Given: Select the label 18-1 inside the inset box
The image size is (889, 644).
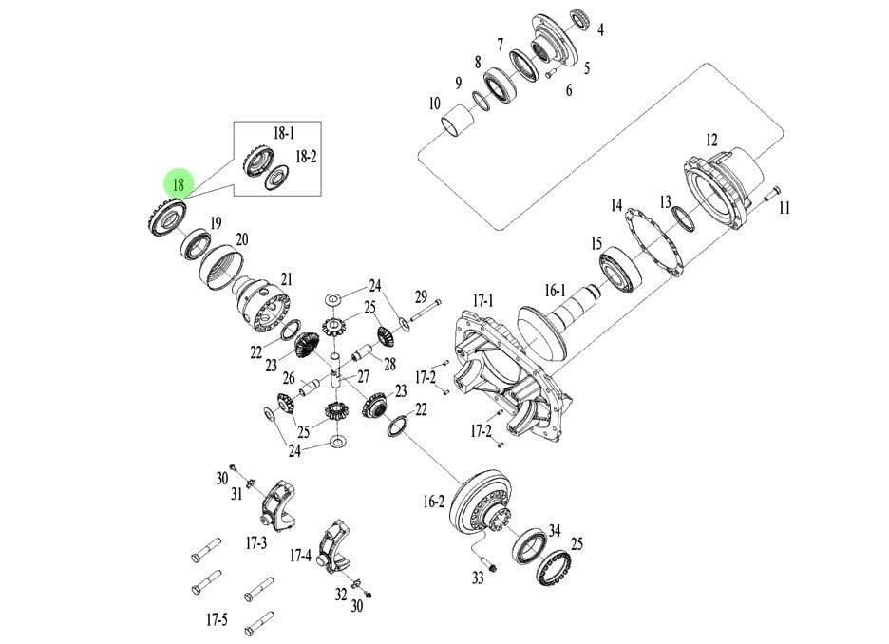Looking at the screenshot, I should coord(284,135).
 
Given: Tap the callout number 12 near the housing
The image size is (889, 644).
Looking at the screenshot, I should coord(711,140).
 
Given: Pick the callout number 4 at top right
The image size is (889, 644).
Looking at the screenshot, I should coord(599,30).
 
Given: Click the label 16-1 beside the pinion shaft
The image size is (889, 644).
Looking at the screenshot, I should coord(555,291).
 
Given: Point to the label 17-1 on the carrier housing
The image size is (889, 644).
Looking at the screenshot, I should coord(484,301).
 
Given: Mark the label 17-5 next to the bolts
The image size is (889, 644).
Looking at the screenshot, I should coord(218,621).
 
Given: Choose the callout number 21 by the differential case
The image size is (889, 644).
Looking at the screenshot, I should coord(286,279).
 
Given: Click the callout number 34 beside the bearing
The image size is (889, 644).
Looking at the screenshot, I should coord(555,530).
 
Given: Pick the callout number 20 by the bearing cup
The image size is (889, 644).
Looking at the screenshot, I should coord(241,240).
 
